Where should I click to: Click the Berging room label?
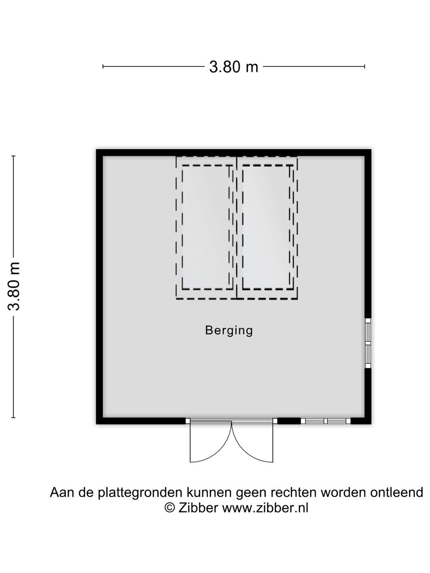[229, 331]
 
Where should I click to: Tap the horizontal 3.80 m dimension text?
[234, 67]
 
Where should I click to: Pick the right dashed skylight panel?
[267, 228]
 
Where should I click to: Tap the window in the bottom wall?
[326, 421]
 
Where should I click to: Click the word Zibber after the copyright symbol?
[198, 508]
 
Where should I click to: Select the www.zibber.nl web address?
[265, 508]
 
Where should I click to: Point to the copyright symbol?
[170, 508]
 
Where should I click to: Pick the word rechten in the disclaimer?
[294, 492]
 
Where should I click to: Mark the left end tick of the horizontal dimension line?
[103, 66]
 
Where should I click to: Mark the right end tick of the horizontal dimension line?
[364, 66]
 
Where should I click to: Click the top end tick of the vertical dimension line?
[14, 156]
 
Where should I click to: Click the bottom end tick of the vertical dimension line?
[14, 418]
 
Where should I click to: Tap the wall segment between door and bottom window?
[289, 421]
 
